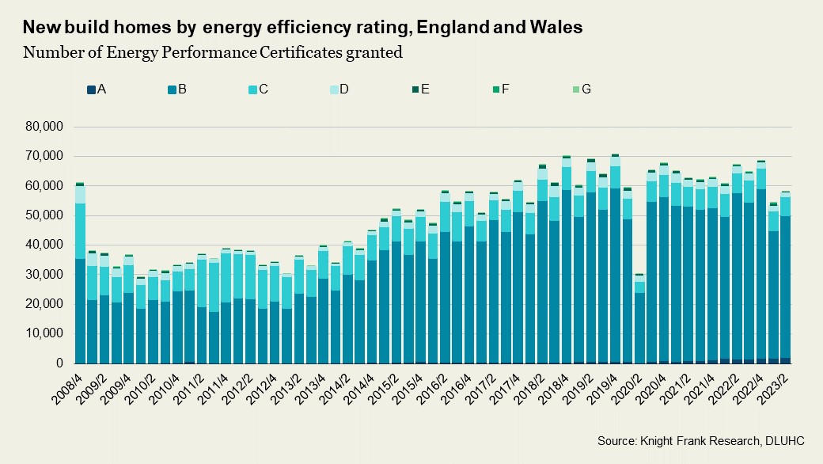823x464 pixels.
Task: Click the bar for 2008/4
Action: click(x=80, y=273)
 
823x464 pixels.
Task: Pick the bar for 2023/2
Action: click(x=786, y=277)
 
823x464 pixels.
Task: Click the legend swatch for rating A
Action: click(x=92, y=89)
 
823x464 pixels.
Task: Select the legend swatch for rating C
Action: click(x=252, y=89)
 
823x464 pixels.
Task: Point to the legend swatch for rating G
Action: click(x=575, y=89)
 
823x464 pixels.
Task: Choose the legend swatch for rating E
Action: click(x=414, y=89)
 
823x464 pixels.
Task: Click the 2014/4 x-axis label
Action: click(x=360, y=387)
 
